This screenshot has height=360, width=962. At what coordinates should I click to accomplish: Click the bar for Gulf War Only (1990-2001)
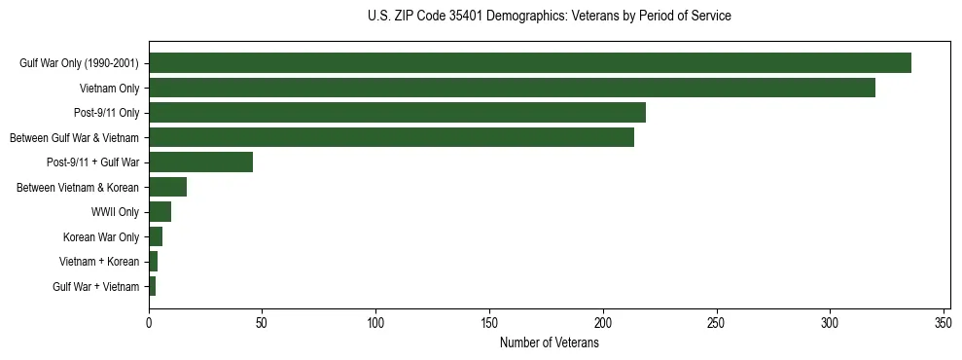tap(530, 63)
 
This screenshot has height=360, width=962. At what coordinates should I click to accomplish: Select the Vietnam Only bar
tap(512, 89)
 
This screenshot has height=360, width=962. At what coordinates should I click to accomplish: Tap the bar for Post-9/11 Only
tap(397, 113)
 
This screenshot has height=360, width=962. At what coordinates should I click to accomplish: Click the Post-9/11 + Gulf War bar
tap(200, 162)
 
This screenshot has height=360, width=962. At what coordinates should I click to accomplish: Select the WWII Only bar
tap(160, 212)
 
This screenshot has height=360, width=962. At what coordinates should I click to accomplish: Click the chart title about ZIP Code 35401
tap(549, 17)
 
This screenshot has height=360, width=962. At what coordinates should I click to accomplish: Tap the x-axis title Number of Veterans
tap(549, 342)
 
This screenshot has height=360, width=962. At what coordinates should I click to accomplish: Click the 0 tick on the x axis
tap(149, 322)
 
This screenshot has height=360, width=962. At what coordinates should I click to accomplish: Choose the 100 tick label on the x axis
tap(375, 322)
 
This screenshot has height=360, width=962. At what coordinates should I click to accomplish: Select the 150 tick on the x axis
tap(489, 322)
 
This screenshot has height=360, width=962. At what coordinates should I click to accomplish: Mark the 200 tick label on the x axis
tap(603, 322)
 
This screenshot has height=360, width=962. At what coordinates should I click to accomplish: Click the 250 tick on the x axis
tap(716, 322)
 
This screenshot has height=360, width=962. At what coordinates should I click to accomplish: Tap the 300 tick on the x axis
tap(830, 322)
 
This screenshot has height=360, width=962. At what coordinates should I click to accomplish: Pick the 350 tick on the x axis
tap(943, 322)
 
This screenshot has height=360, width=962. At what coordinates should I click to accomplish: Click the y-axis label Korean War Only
tap(100, 236)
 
